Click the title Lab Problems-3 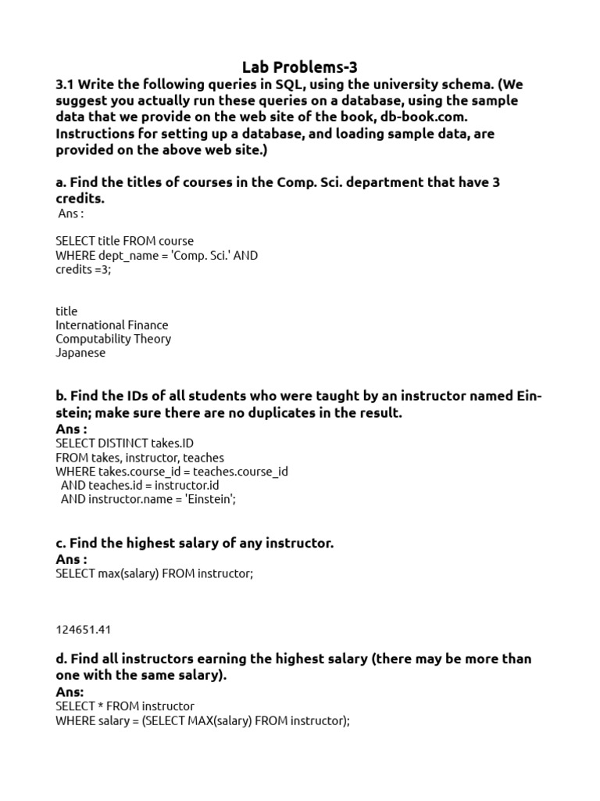(300, 67)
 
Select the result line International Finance (112, 325)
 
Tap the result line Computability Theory (113, 339)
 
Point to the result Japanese (80, 353)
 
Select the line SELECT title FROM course (125, 241)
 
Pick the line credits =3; (84, 269)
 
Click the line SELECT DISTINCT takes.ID (124, 444)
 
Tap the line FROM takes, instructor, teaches (140, 458)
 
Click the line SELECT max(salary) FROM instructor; (155, 573)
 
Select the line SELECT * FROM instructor (125, 706)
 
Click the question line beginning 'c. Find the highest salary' (195, 543)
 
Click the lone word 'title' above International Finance (66, 311)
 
